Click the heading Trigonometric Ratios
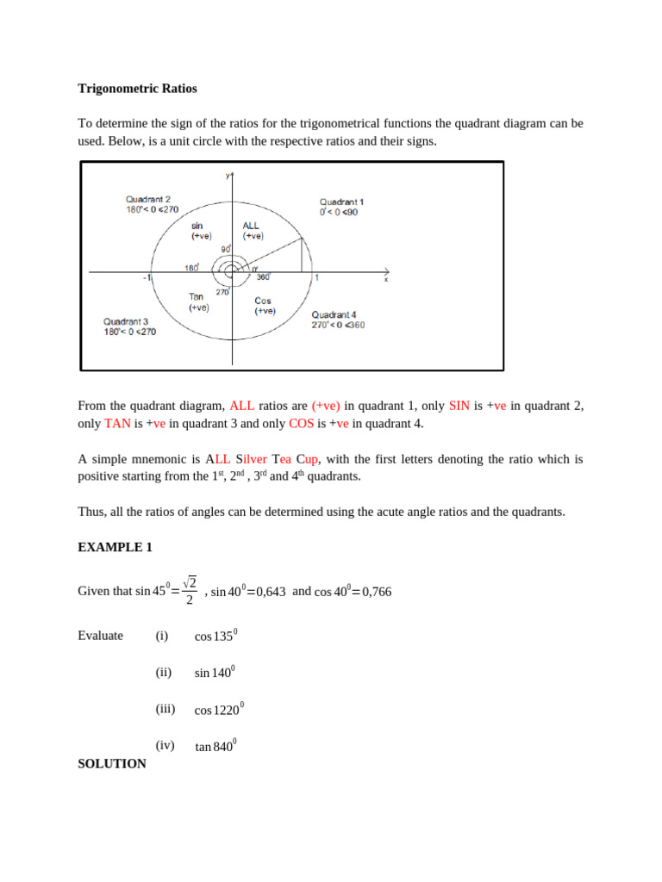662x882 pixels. pos(137,88)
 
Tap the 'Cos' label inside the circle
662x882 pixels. pos(263,301)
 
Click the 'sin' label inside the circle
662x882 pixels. pos(197,225)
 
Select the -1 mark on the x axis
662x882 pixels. pos(147,278)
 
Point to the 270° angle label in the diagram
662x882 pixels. pos(222,292)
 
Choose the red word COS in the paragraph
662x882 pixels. pos(301,424)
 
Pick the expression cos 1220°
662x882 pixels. pos(219,710)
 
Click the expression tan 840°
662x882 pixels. pos(215,747)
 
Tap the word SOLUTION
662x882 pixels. pos(112,763)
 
